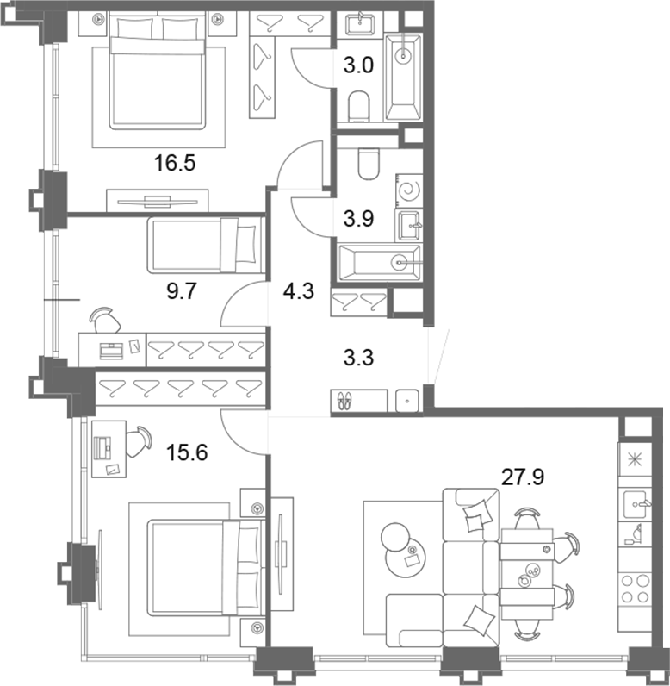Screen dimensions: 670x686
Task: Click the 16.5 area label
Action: click(x=174, y=163)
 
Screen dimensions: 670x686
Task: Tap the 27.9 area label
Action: click(x=522, y=477)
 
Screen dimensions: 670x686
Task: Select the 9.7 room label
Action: click(x=182, y=291)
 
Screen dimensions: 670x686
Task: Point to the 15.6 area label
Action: click(x=187, y=452)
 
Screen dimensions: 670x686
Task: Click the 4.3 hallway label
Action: click(x=299, y=291)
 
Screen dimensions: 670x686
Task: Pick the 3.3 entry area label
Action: click(x=358, y=358)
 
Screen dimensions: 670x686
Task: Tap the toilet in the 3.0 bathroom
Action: click(x=359, y=106)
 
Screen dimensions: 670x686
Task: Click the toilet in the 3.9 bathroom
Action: click(x=369, y=164)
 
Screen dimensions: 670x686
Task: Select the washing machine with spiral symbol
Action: click(x=410, y=190)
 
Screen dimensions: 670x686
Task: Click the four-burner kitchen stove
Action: click(x=635, y=589)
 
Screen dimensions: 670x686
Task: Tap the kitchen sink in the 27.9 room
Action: click(x=635, y=504)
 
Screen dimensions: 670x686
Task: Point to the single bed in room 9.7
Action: click(x=207, y=245)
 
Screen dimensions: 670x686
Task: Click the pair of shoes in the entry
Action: click(x=344, y=401)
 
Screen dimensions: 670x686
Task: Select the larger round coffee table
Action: click(x=405, y=557)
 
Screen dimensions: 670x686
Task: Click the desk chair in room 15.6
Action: click(x=139, y=441)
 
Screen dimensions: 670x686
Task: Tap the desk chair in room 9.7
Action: click(x=105, y=320)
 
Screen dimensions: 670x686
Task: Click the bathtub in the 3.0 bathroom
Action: click(x=402, y=78)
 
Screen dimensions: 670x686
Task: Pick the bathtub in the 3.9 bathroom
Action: click(x=380, y=263)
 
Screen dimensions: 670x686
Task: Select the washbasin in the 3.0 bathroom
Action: click(x=360, y=24)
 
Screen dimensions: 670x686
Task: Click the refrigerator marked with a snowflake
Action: click(x=635, y=460)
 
